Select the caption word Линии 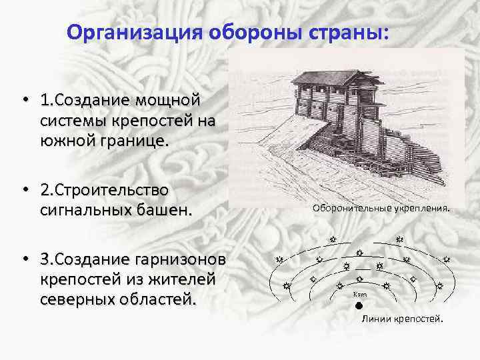click(x=377, y=319)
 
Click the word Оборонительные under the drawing click(x=351, y=208)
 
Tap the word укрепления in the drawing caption click(x=421, y=208)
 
